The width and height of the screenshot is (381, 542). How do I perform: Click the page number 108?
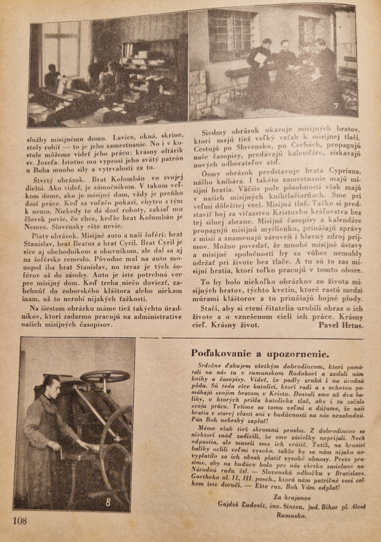point(19,520)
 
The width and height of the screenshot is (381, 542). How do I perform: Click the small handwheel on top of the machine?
point(105,376)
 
